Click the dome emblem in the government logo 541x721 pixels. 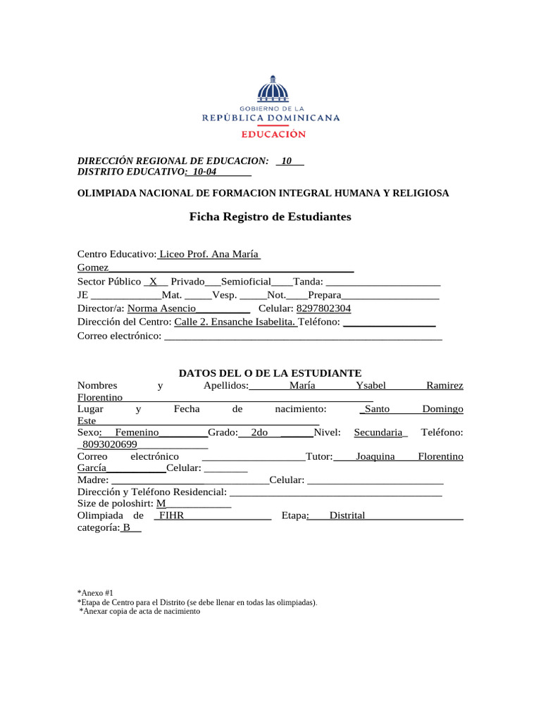tap(272, 90)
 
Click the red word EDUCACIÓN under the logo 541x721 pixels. tap(273, 134)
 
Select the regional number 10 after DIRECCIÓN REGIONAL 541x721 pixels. tap(287, 161)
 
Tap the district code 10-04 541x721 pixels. tap(204, 172)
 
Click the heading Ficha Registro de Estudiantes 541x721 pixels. tap(270, 217)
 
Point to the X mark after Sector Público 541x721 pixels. tap(153, 281)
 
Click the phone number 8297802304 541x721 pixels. tap(324, 308)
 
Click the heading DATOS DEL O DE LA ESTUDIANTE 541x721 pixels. tap(270, 372)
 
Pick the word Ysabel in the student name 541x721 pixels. tap(371, 386)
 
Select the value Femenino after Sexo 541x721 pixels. tap(137, 432)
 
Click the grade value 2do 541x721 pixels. tap(259, 432)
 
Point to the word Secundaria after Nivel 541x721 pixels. tap(378, 432)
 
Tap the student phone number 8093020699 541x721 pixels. tap(109, 444)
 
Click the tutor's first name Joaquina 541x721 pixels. tap(375, 456)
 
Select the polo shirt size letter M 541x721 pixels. tap(161, 503)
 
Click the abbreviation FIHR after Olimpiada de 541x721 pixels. tap(172, 515)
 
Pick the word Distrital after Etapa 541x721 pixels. tap(347, 515)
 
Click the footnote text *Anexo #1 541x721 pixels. tap(95, 594)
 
